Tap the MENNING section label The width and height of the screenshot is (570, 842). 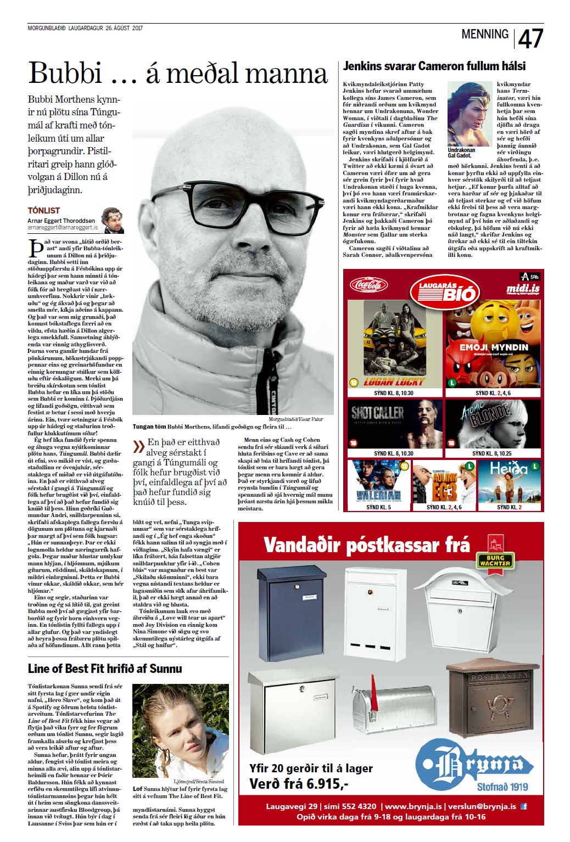click(485, 34)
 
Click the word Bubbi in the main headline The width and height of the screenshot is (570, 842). click(65, 73)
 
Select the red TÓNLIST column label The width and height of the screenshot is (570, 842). click(44, 210)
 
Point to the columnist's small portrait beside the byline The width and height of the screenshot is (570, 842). click(113, 220)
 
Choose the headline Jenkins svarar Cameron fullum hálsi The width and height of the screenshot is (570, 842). click(434, 66)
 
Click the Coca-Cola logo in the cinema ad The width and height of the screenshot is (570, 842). click(369, 285)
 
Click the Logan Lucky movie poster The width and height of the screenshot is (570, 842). click(395, 344)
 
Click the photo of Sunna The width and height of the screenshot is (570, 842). click(181, 730)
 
